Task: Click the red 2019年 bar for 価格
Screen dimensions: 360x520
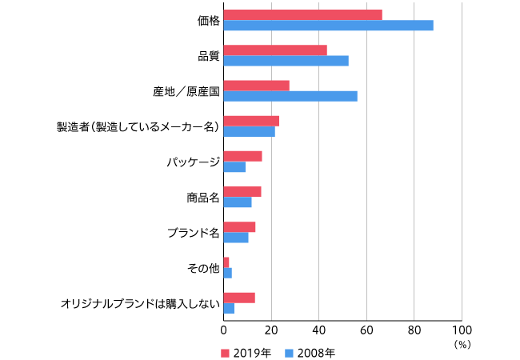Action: tap(302, 15)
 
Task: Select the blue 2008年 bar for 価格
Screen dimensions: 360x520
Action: tap(328, 26)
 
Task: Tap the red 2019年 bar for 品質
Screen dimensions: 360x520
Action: tap(275, 50)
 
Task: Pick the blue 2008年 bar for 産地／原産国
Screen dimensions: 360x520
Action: tap(290, 96)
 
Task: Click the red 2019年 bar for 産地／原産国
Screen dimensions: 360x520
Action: tap(256, 86)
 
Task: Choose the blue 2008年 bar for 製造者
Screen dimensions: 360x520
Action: tap(249, 131)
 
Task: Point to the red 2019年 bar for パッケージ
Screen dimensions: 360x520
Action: tap(242, 156)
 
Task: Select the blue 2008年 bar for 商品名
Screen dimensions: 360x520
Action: tap(237, 202)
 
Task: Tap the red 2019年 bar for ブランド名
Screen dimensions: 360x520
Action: tap(239, 226)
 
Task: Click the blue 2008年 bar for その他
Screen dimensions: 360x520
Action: tap(227, 273)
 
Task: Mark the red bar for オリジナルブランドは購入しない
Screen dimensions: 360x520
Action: tap(239, 298)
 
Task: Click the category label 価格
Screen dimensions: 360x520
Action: tap(208, 21)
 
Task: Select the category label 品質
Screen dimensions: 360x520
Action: tap(208, 56)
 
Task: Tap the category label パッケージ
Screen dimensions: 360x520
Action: tap(193, 162)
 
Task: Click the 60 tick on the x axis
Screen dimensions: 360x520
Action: tap(366, 329)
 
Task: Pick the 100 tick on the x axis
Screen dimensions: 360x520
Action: tap(462, 329)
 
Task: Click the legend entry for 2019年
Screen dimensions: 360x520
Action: tap(247, 352)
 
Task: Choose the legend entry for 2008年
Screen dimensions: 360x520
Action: tap(311, 352)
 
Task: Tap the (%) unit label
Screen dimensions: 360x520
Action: tap(462, 344)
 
